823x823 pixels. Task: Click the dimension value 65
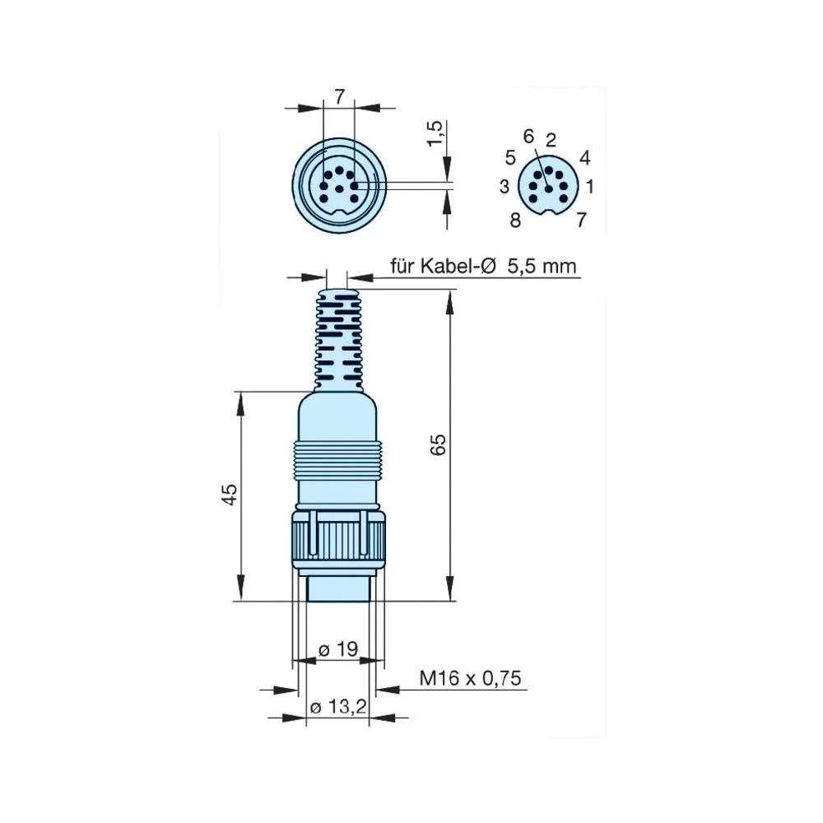439,444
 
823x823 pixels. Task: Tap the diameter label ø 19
337,649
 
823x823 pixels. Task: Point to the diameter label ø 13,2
337,707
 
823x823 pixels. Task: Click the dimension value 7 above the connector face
339,97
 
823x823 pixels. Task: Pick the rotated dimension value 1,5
437,133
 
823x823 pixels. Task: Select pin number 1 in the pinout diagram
590,187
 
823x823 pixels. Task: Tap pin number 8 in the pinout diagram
515,220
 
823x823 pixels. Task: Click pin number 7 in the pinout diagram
581,220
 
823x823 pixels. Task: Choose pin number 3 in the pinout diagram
504,187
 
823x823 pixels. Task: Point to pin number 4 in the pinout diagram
584,156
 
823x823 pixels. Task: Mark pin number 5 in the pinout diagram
510,156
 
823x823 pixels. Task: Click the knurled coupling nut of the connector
338,540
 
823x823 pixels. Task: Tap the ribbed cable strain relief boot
338,337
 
